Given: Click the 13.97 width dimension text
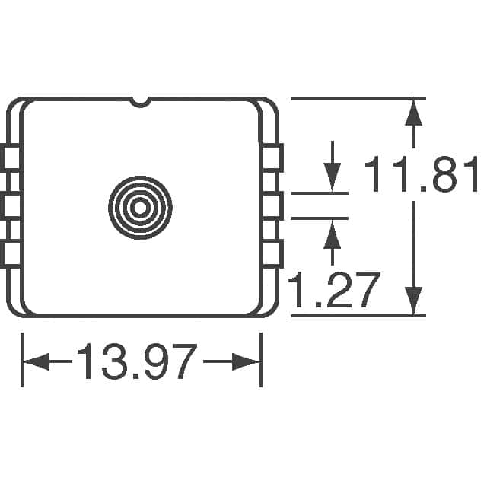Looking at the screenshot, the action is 137,361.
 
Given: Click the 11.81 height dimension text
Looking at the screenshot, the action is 422,174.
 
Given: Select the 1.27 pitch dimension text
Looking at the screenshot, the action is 334,290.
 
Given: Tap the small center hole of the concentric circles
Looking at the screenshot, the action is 140,208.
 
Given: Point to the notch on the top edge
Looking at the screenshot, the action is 140,102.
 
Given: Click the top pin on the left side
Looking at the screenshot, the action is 11,158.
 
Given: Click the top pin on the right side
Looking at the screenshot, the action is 272,158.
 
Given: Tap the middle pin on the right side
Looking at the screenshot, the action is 272,206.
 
